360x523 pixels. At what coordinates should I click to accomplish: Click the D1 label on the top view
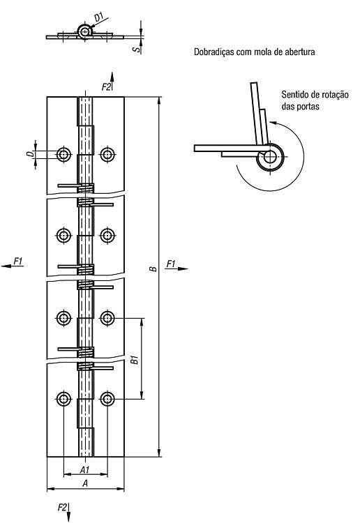click(x=99, y=17)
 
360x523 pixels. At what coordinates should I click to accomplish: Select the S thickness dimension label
click(x=136, y=50)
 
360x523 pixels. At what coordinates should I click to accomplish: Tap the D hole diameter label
click(x=31, y=154)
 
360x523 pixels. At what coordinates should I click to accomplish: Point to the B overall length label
click(x=153, y=268)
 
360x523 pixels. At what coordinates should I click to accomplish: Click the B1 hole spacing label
click(x=134, y=360)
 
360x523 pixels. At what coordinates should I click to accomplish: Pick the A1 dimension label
click(x=84, y=469)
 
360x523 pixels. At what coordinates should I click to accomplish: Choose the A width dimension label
click(x=85, y=483)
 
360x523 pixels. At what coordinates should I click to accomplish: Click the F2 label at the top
click(x=106, y=86)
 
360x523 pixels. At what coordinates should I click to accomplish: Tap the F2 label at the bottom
click(x=62, y=508)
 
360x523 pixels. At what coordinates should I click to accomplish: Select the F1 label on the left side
click(x=18, y=261)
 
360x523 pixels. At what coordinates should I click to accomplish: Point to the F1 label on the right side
click(x=170, y=264)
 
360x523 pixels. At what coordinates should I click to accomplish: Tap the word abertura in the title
click(x=300, y=52)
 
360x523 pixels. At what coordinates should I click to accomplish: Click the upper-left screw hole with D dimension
click(x=63, y=154)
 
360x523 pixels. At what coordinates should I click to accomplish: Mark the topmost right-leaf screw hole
click(x=107, y=154)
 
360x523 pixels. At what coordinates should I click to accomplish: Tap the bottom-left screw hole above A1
click(x=63, y=399)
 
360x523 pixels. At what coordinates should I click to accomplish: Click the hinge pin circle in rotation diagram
click(x=270, y=157)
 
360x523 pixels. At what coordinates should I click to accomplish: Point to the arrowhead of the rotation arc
click(x=272, y=123)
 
